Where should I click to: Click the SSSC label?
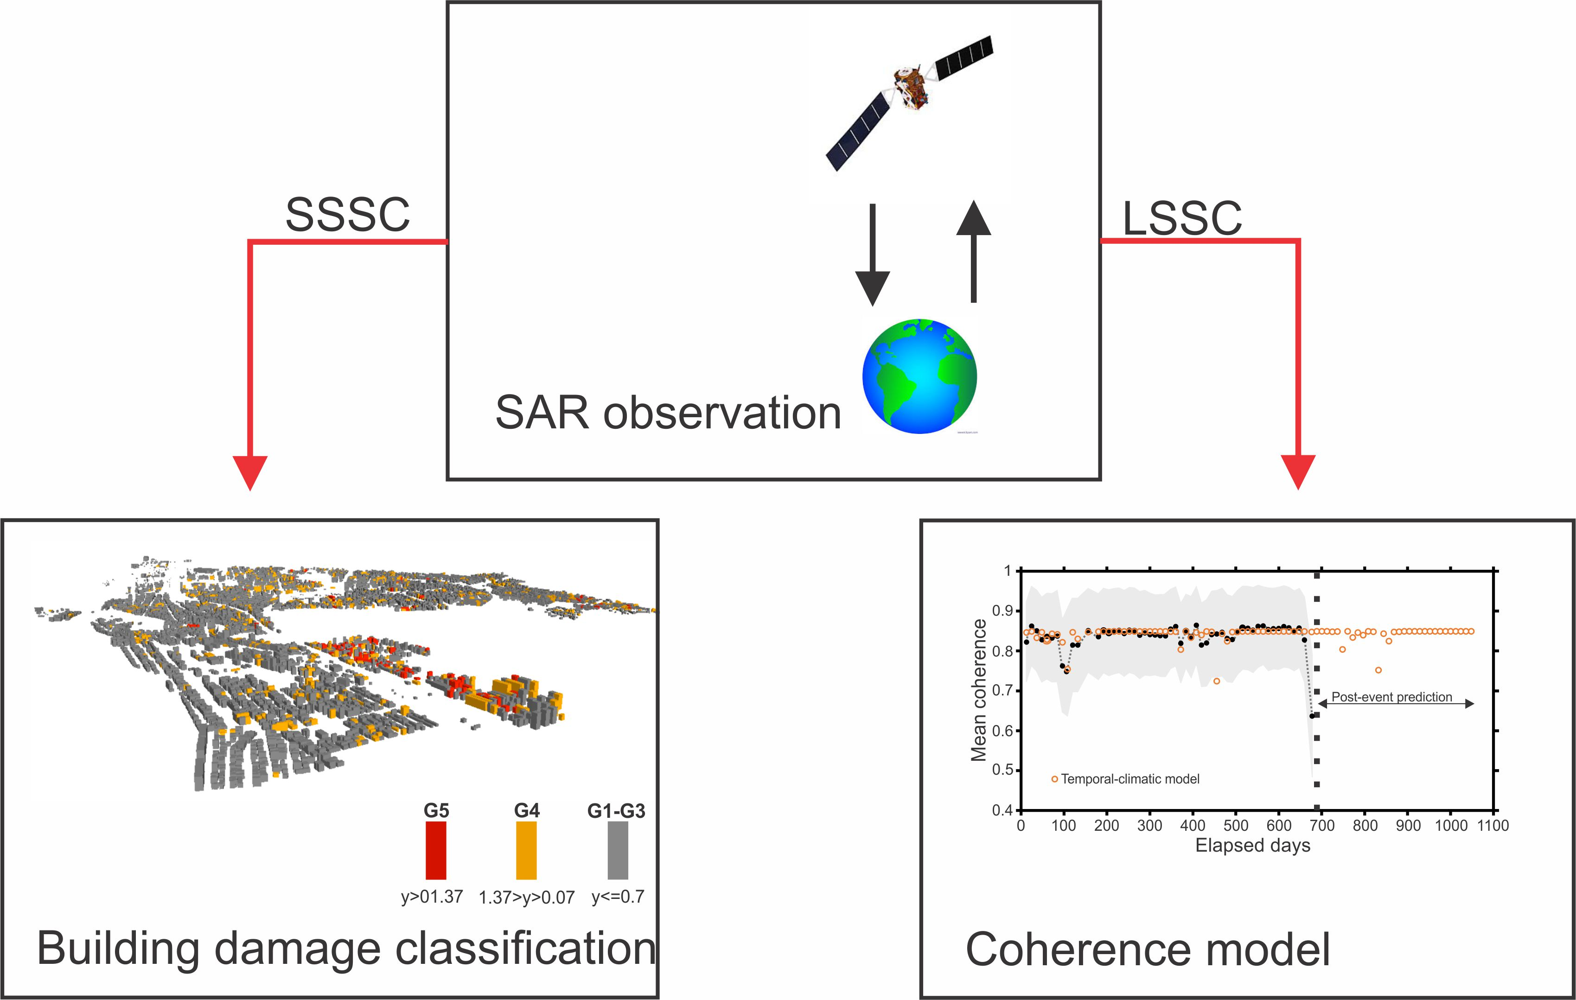coord(348,215)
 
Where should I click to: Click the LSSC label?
coord(1182,218)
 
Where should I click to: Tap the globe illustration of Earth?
coord(919,376)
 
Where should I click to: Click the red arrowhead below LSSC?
coord(1298,471)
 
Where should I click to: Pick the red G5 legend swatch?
coord(436,850)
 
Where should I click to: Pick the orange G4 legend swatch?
coord(526,850)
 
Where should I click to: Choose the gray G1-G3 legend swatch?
coord(617,850)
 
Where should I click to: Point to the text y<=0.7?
coord(618,897)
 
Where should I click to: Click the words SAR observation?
coord(668,413)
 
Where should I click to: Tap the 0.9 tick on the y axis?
coord(1002,611)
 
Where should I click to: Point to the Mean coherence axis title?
coord(978,690)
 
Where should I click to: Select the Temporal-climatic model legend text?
coord(1130,779)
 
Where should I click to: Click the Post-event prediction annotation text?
coord(1391,697)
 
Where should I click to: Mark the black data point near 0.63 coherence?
coord(1312,716)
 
